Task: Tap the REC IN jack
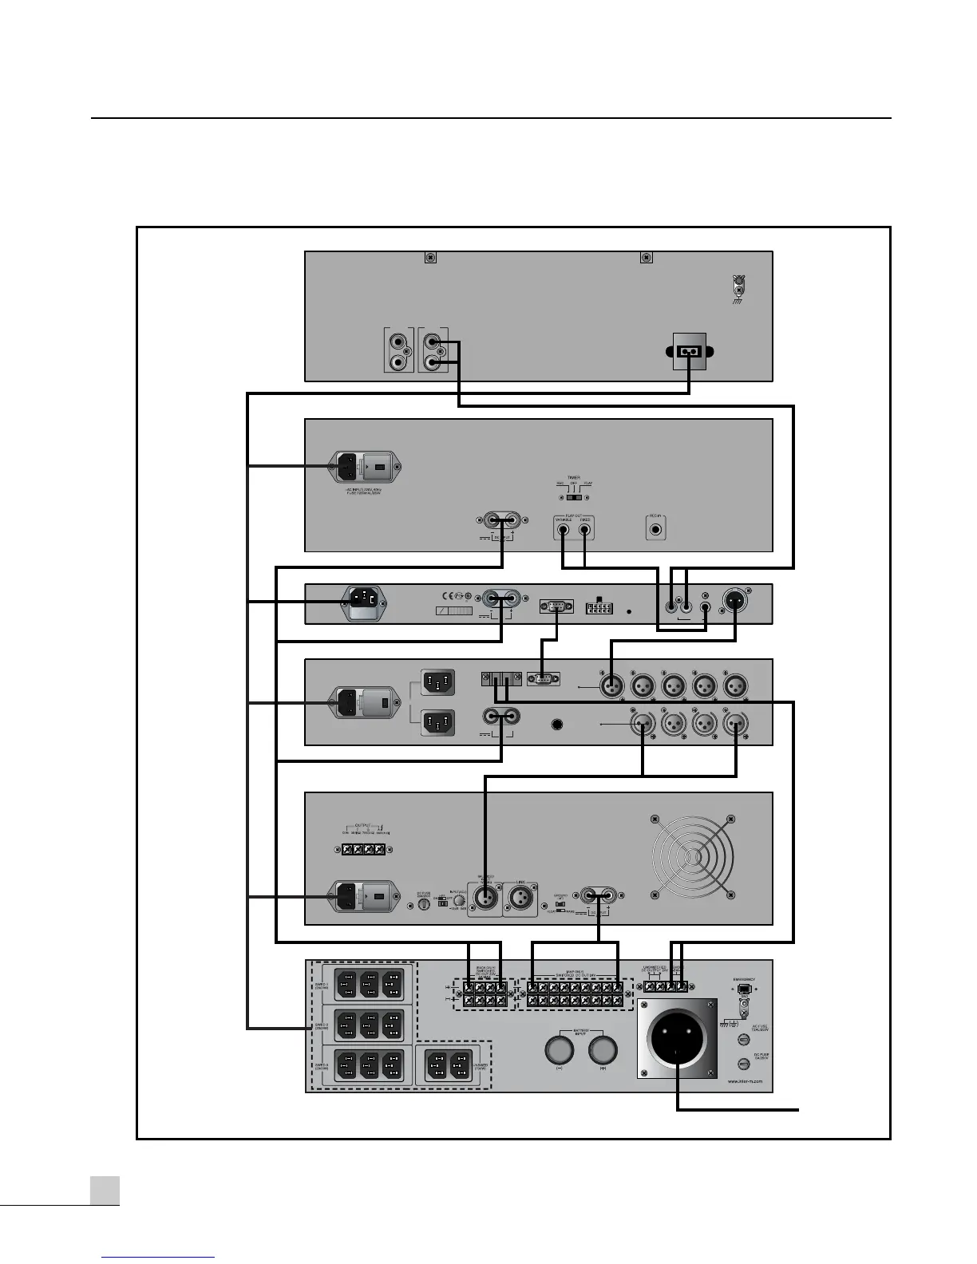coord(655,527)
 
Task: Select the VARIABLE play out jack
coord(564,528)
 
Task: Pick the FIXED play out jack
coord(585,528)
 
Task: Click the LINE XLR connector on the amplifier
coord(520,899)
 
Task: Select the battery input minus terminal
coord(559,1049)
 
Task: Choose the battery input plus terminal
coord(602,1049)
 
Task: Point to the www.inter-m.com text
coord(745,1082)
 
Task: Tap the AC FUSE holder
coord(744,1040)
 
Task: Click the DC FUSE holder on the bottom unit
coord(744,1063)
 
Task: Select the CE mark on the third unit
coord(450,595)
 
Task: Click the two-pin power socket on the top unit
coord(689,352)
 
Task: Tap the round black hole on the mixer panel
coord(557,725)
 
